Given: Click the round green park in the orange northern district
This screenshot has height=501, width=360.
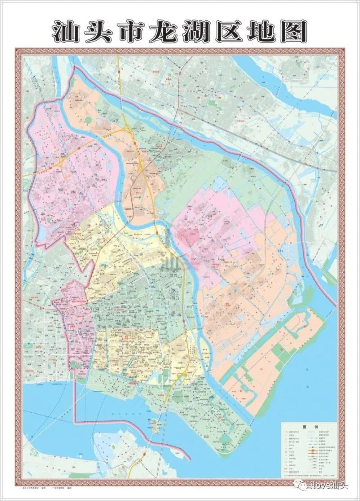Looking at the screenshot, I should click(89, 120).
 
